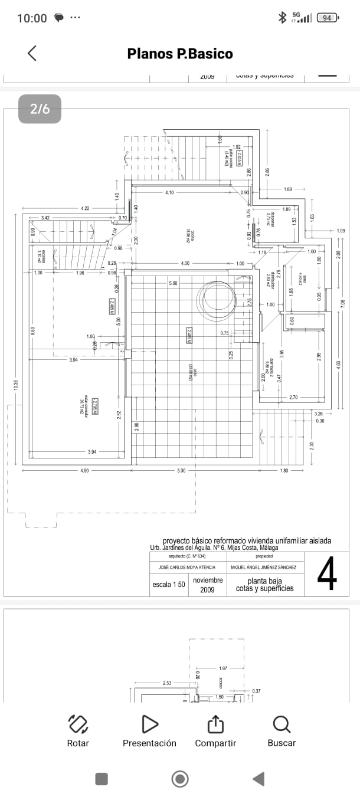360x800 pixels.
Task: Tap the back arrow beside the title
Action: point(32,53)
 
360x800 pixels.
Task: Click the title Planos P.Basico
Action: point(180,54)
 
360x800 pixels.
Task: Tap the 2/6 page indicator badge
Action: point(40,109)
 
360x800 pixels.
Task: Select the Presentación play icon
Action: point(150,724)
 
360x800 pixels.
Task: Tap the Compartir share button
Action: point(215,724)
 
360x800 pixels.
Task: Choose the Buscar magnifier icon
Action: point(282,724)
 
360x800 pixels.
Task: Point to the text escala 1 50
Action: point(169,584)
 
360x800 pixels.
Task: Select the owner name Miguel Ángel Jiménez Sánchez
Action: point(264,568)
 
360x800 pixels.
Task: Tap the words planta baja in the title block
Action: point(264,581)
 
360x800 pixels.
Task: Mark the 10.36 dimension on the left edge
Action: point(16,384)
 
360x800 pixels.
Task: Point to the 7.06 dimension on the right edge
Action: point(343,304)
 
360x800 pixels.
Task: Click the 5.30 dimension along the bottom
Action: point(181,470)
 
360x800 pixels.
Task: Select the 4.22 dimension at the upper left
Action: point(85,208)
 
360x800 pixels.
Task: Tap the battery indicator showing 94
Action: point(328,18)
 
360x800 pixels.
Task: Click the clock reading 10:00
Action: point(32,18)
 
